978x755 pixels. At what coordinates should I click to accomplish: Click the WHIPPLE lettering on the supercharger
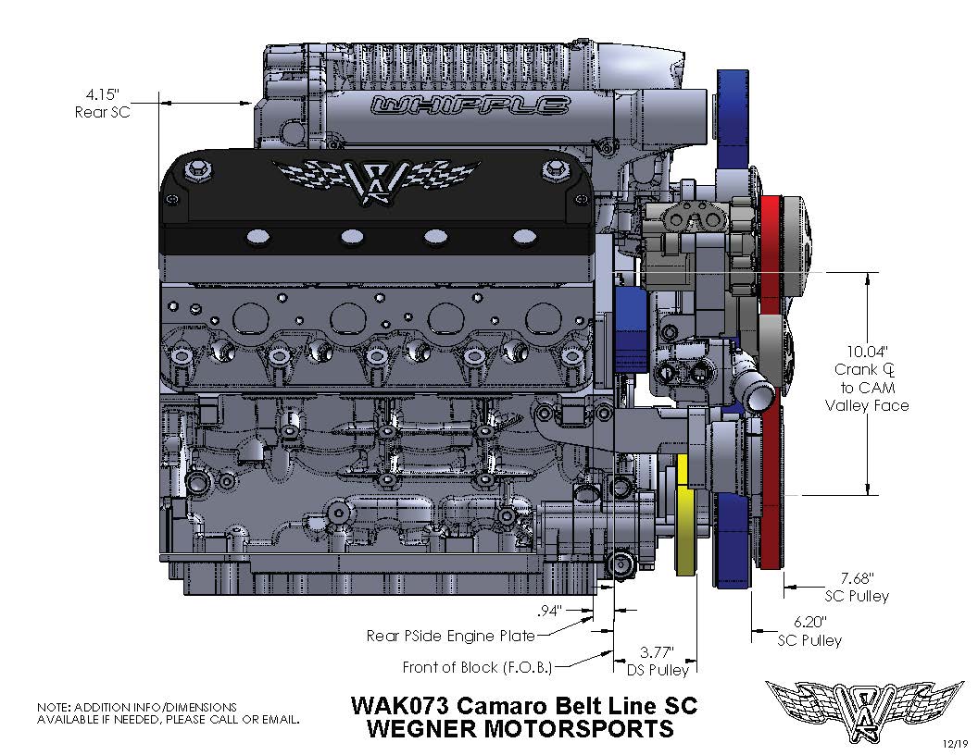[x=470, y=105]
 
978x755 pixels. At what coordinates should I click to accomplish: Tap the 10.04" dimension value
[x=867, y=352]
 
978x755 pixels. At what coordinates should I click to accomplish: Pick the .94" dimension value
[x=552, y=611]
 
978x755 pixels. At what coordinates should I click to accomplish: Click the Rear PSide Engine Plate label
[x=451, y=636]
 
